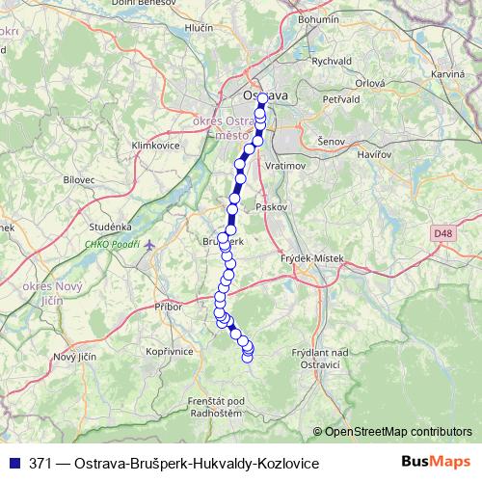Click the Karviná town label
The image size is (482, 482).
448,73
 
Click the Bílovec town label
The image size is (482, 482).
79,179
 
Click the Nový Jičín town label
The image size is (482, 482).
75,358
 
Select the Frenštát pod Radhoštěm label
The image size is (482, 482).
215,406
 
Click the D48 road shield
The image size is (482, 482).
442,232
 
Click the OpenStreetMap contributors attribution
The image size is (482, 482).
397,431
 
